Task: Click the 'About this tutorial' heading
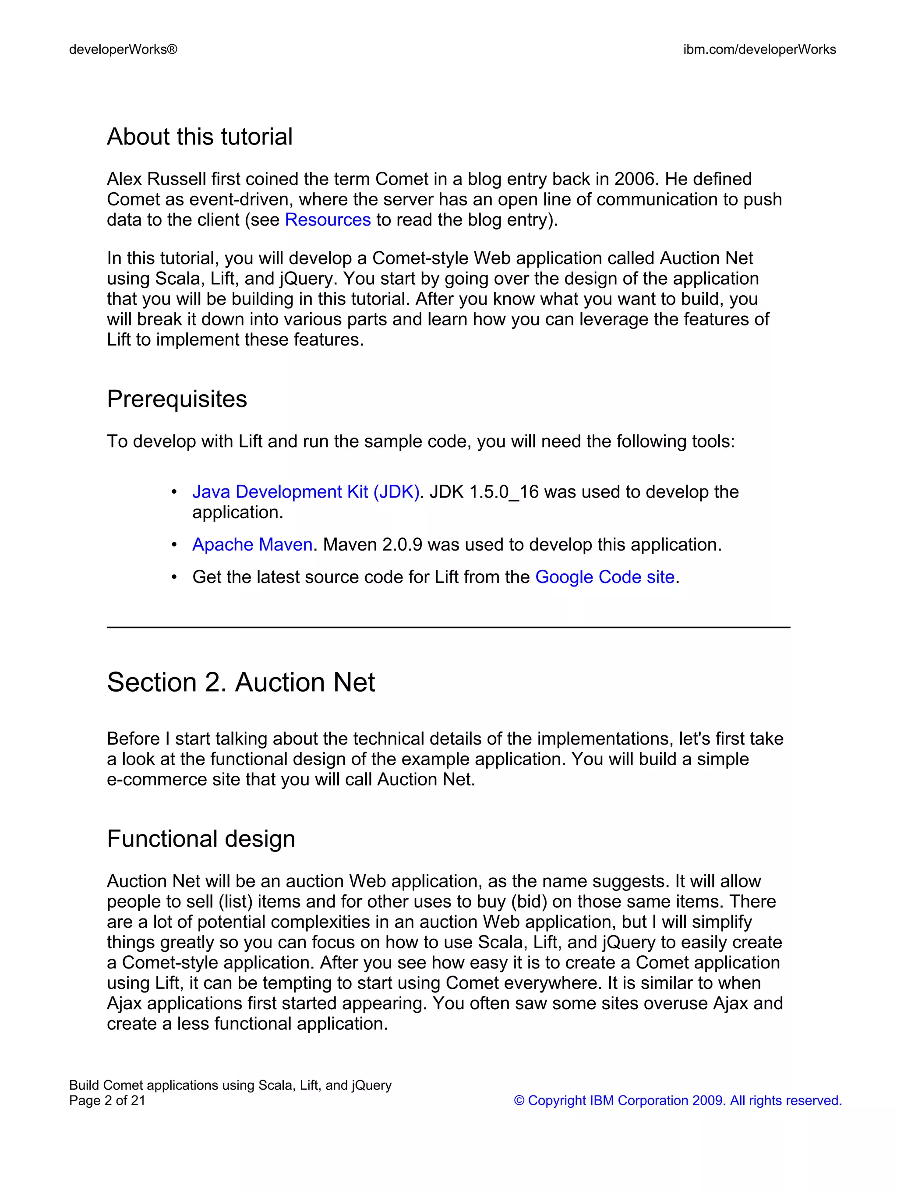199,137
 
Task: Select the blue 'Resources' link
328,220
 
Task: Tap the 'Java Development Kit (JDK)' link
305,492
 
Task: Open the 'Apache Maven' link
252,544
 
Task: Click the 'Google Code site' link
604,576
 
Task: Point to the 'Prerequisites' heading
177,399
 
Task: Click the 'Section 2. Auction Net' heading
241,682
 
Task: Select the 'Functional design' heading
201,838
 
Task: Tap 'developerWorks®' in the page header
123,49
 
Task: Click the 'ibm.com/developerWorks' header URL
759,49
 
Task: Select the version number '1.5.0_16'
504,492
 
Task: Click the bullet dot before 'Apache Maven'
174,544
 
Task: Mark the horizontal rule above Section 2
448,627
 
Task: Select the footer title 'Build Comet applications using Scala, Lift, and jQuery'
230,1085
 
